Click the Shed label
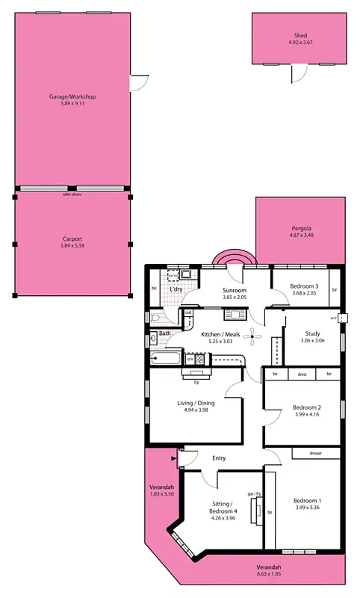(x=300, y=35)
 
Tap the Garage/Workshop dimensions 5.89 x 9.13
(x=72, y=103)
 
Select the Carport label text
(x=72, y=239)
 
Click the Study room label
(x=312, y=333)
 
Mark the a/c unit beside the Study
(x=344, y=318)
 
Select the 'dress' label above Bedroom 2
(x=302, y=374)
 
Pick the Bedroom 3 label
(x=304, y=286)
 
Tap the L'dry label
(x=176, y=289)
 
